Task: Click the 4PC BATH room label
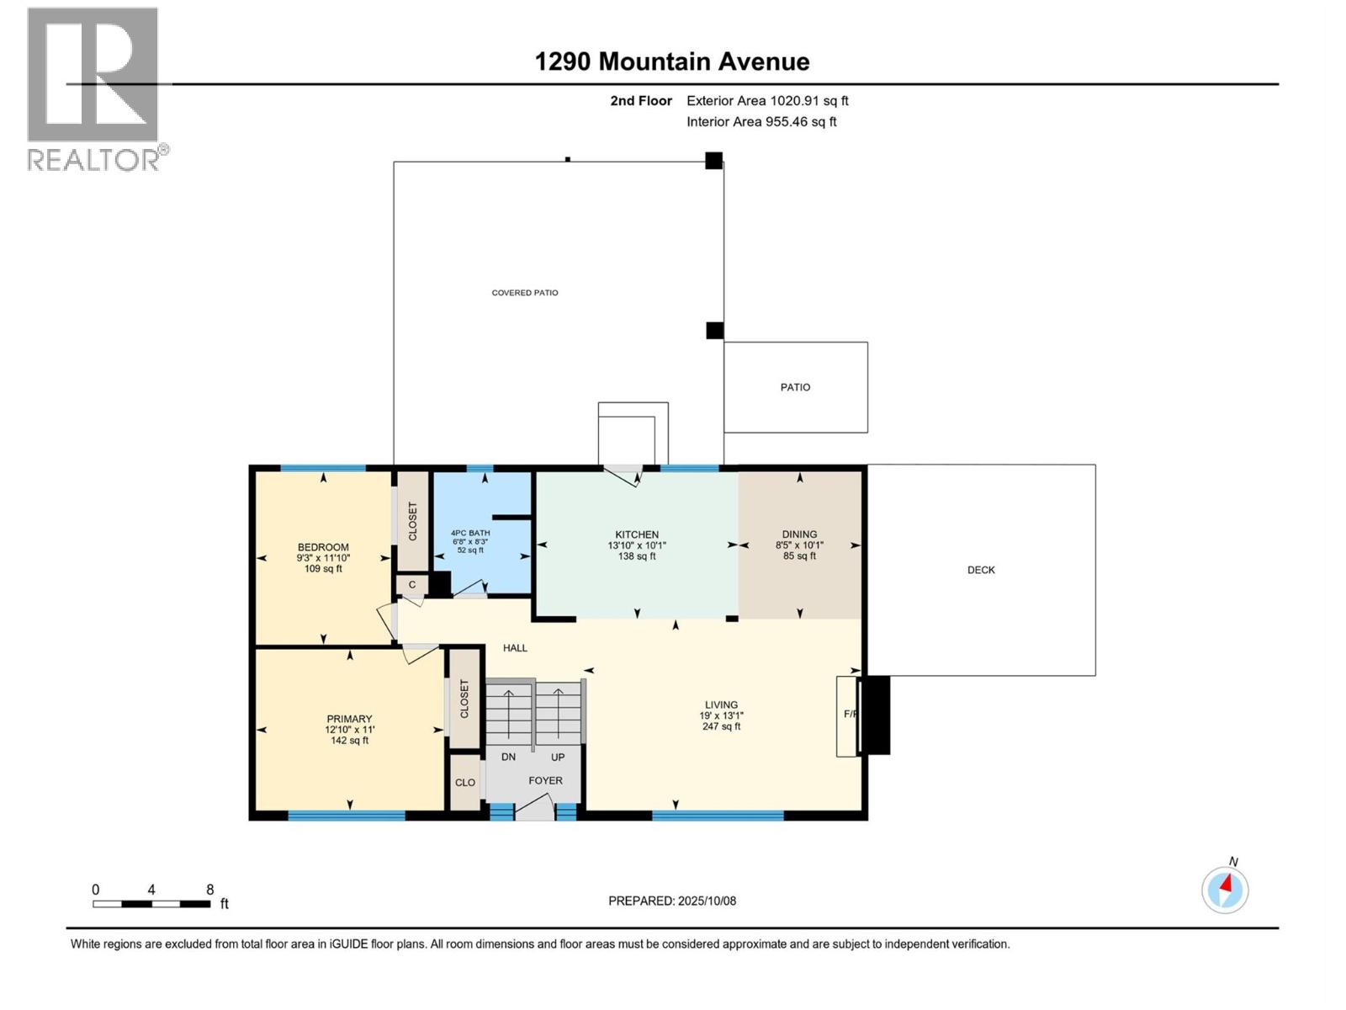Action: coord(470,533)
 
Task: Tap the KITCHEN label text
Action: coord(637,534)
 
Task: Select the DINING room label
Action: coord(799,534)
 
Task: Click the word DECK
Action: coord(981,570)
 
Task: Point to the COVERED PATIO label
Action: coord(525,293)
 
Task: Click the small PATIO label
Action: coord(795,387)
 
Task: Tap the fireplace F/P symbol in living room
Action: coord(849,715)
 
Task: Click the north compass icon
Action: coord(1225,890)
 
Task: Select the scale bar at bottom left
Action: coord(151,904)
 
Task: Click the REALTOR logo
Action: coord(94,88)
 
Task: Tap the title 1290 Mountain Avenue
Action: coord(672,61)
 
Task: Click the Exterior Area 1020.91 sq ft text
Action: coord(767,101)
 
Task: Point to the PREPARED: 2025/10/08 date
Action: coord(672,901)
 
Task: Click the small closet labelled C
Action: coord(412,585)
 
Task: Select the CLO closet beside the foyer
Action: coord(465,783)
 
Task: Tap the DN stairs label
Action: coord(508,757)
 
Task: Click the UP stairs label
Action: coord(558,757)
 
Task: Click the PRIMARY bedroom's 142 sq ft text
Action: coord(349,741)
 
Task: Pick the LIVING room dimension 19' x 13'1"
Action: coord(721,715)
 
